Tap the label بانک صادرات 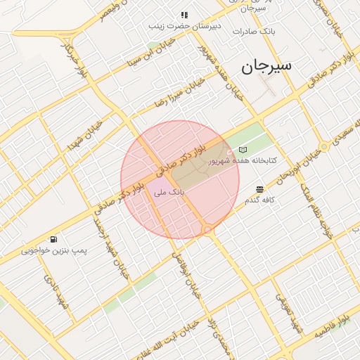[x=278, y=32]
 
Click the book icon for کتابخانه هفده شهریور [x=243, y=150]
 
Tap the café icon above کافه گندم [x=260, y=189]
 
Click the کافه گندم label [x=259, y=200]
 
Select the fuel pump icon [x=54, y=240]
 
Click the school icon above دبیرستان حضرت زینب [x=184, y=15]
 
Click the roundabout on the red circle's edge [x=207, y=230]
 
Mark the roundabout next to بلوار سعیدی [x=324, y=146]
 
